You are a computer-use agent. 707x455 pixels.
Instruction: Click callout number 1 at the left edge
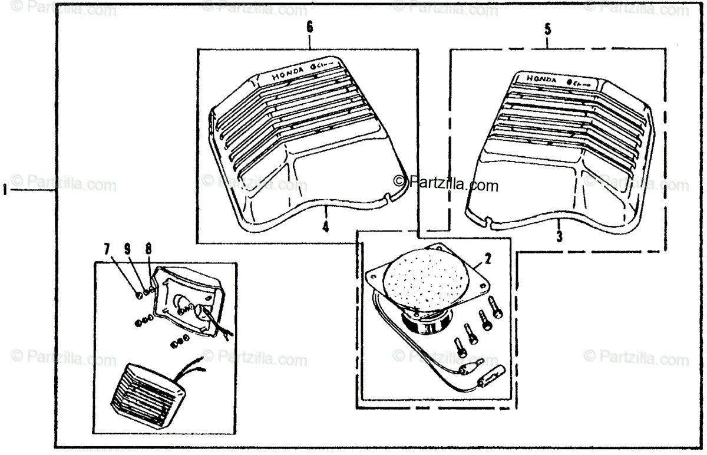[x=5, y=191]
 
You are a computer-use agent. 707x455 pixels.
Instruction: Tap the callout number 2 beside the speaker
[x=488, y=257]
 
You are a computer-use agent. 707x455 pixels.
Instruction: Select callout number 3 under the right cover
[x=559, y=237]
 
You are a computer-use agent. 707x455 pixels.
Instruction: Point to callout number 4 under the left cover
[x=325, y=226]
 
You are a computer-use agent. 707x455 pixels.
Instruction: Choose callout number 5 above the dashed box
[x=547, y=28]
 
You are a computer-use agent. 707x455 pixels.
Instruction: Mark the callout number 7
[x=107, y=250]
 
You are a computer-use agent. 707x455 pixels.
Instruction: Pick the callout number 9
[x=127, y=250]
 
